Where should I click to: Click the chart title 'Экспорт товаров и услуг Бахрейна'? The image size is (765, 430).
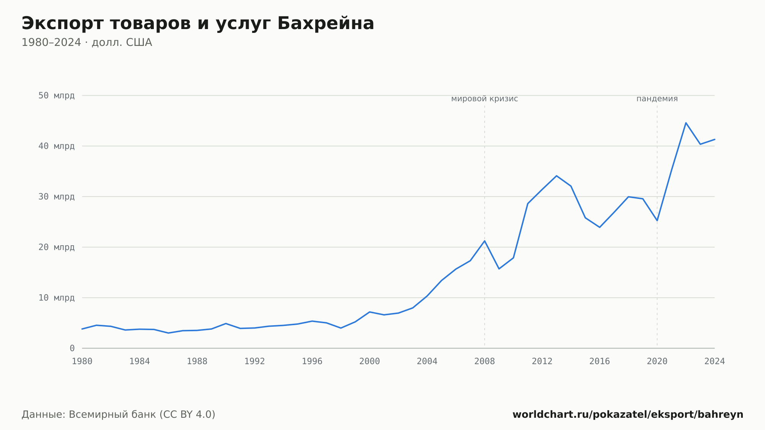198,24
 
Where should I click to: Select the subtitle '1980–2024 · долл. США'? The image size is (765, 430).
87,42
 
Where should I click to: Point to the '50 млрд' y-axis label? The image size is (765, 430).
56,95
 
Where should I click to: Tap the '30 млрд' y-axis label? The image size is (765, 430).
56,197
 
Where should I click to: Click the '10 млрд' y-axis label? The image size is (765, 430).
56,298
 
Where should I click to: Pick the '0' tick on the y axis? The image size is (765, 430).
72,348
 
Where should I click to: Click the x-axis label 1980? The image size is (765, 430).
82,362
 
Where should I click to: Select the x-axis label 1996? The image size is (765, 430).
312,362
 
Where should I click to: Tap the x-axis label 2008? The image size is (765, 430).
485,362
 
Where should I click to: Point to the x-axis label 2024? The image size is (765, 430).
715,362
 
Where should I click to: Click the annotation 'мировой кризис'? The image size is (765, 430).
485,99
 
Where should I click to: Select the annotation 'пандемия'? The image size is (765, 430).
657,99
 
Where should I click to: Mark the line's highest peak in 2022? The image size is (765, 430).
686,123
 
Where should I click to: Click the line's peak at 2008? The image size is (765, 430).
485,241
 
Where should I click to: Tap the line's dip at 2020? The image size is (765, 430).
657,221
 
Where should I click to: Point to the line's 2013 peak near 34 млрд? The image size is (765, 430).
557,176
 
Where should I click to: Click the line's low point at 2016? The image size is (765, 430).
600,227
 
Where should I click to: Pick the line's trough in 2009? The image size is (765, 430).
499,269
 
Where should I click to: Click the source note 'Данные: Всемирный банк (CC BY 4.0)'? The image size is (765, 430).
118,415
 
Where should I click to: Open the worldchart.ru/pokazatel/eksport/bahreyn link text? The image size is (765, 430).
628,415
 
